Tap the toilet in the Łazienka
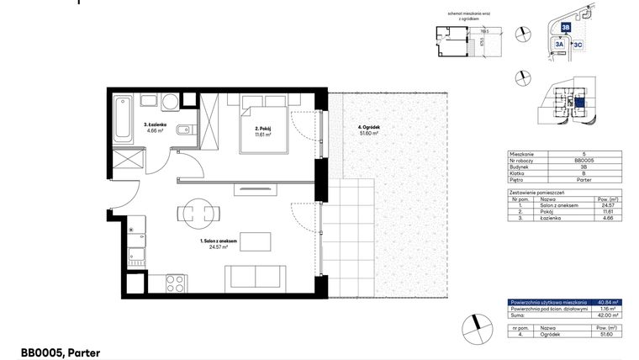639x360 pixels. click(193, 129)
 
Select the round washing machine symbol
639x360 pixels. click(168, 103)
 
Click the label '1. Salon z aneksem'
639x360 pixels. click(217, 241)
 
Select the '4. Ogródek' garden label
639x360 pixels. click(362, 129)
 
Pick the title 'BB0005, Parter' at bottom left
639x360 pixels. click(60, 353)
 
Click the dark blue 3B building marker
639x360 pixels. click(566, 28)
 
